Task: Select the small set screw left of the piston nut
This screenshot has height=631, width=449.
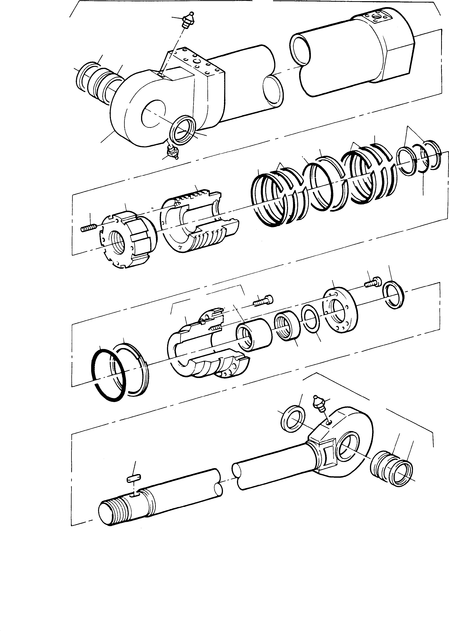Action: point(88,228)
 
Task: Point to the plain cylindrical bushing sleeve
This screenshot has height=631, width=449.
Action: point(254,334)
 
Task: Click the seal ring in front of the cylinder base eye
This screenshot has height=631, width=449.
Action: point(183,130)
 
